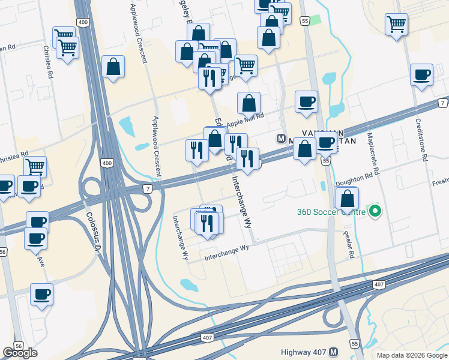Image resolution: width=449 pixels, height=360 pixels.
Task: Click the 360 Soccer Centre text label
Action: coord(331,212)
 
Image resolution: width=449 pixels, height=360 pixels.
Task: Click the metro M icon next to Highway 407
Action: coord(334,352)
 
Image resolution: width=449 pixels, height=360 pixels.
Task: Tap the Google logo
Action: coord(20,352)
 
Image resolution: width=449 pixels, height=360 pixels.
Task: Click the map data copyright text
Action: coord(411,355)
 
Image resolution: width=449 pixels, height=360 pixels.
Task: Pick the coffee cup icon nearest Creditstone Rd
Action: coord(421,75)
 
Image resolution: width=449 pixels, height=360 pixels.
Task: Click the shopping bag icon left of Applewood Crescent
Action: coord(113,67)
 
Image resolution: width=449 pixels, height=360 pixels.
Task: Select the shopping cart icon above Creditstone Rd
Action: coord(396,25)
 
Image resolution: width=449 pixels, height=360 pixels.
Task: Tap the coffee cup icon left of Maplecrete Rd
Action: coord(327,143)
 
